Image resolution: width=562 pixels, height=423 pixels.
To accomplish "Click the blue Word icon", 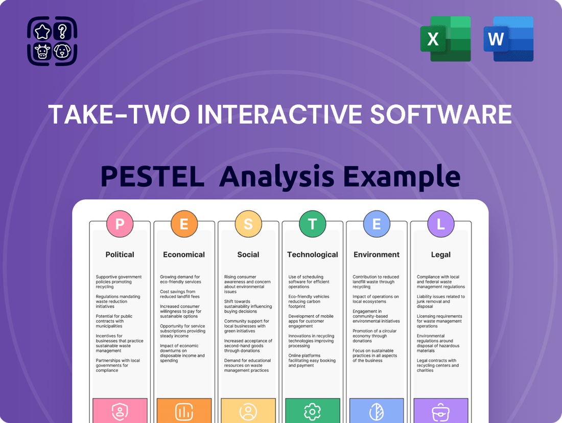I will pos(508,39).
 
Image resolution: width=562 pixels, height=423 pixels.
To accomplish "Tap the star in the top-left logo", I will pos(41,32).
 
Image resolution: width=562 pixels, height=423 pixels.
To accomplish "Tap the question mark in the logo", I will pos(62,32).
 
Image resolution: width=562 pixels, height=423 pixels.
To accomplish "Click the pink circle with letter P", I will pos(120,224).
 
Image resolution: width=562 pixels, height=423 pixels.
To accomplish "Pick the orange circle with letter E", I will pos(184,224).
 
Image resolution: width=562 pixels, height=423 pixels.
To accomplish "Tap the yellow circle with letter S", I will pos(248,224).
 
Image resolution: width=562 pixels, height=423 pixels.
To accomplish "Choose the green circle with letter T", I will pos(312,224).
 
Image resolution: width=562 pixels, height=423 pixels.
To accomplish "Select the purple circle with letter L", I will pos(440,224).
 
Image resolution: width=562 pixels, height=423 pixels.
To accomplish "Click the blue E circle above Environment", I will pos(377,224).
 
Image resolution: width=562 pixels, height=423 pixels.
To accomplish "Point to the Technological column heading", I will pos(312,254).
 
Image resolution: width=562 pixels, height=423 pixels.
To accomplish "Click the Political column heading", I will pos(120,254).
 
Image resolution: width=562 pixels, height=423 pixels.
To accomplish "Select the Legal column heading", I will pos(440,254).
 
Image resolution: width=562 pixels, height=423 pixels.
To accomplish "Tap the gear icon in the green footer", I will pos(312,411).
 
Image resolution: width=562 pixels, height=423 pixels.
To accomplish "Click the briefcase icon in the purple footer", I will pos(440,411).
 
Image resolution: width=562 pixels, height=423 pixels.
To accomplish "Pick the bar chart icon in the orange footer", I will pos(184,411).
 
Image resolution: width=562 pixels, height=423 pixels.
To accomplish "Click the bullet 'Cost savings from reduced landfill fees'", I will pos(180,294).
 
